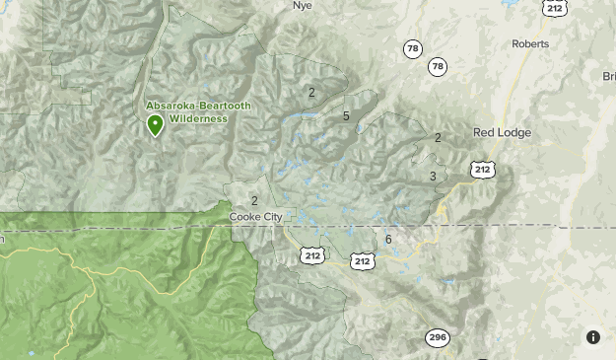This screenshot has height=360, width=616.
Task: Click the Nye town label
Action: pyautogui.click(x=302, y=5)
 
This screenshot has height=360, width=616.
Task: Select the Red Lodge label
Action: pyautogui.click(x=502, y=132)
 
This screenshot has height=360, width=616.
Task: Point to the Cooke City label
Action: pyautogui.click(x=255, y=217)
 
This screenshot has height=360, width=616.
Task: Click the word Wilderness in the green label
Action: pyautogui.click(x=197, y=118)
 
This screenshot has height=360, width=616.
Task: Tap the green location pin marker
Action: pyautogui.click(x=155, y=125)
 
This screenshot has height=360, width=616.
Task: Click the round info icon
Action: pyautogui.click(x=593, y=336)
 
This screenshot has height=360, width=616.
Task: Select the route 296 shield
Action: pyautogui.click(x=438, y=338)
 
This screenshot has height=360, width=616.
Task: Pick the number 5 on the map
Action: pyautogui.click(x=346, y=116)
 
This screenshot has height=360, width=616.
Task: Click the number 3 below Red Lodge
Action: pyautogui.click(x=433, y=177)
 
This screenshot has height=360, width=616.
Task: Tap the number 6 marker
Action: pyautogui.click(x=389, y=240)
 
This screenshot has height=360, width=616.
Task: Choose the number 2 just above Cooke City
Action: pyautogui.click(x=254, y=201)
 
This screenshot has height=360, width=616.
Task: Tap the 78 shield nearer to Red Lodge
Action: pyautogui.click(x=438, y=67)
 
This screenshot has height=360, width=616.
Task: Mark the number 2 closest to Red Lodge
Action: pyautogui.click(x=438, y=138)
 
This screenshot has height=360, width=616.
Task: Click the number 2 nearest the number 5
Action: pyautogui.click(x=311, y=93)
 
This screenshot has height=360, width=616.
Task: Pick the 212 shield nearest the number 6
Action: pyautogui.click(x=363, y=260)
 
